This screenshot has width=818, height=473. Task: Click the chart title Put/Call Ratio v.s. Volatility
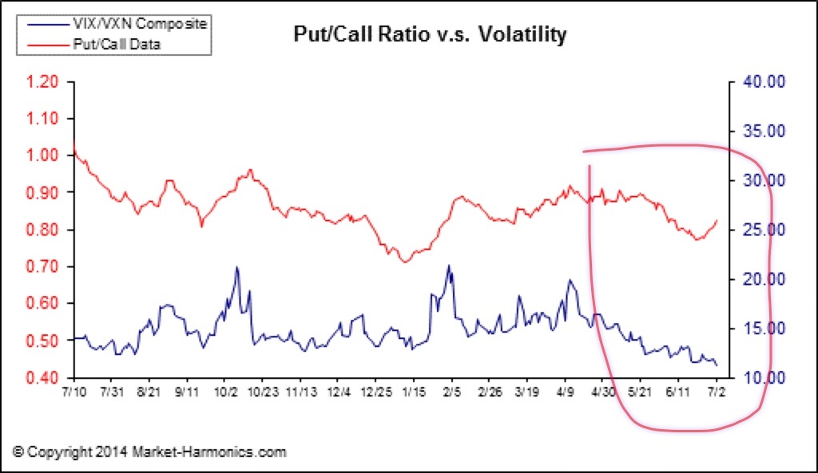tap(431, 34)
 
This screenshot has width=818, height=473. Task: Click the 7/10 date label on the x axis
tap(73, 393)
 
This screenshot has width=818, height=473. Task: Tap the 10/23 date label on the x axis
tap(262, 393)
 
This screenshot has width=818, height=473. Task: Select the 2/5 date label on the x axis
tap(451, 393)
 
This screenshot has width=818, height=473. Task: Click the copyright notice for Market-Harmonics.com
tap(149, 452)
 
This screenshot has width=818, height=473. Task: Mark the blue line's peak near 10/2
tap(236, 267)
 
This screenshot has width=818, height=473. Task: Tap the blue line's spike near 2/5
tap(448, 266)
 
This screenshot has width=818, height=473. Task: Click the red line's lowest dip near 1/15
tap(403, 262)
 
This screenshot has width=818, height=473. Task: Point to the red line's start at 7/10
tap(74, 144)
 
